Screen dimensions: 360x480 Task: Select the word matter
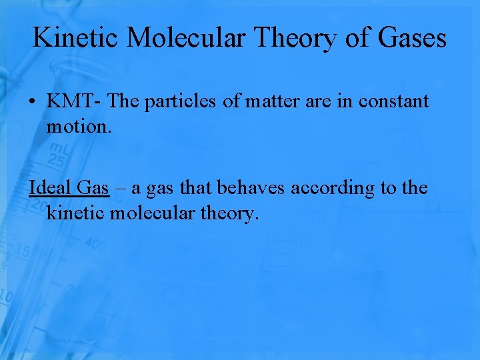pyautogui.click(x=275, y=101)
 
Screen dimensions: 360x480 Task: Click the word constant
pyautogui.click(x=393, y=101)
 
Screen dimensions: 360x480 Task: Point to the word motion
pyautogui.click(x=75, y=125)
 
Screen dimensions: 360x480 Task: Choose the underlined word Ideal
pyautogui.click(x=51, y=188)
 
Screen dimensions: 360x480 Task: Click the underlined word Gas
pyautogui.click(x=93, y=188)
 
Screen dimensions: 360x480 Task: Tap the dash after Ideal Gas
pyautogui.click(x=119, y=189)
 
